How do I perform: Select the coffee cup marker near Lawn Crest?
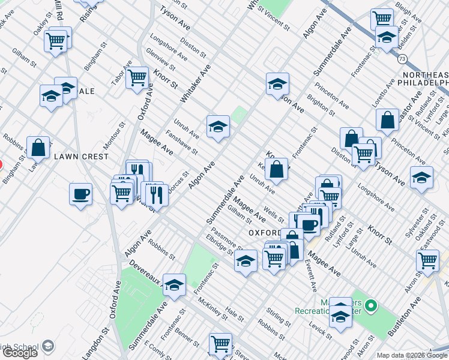pyautogui.click(x=80, y=194)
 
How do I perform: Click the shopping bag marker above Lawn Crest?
pyautogui.click(x=38, y=148)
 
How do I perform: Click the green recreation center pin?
pyautogui.click(x=371, y=307)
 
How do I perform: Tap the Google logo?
pyautogui.click(x=20, y=353)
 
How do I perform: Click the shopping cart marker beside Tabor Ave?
pyautogui.click(x=137, y=77)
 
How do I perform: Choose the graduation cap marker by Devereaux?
pyautogui.click(x=174, y=285)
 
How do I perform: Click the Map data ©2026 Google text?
pyautogui.click(x=412, y=355)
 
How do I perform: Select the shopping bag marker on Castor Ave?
pyautogui.click(x=388, y=120)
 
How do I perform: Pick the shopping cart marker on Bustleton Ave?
pyautogui.click(x=427, y=261)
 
